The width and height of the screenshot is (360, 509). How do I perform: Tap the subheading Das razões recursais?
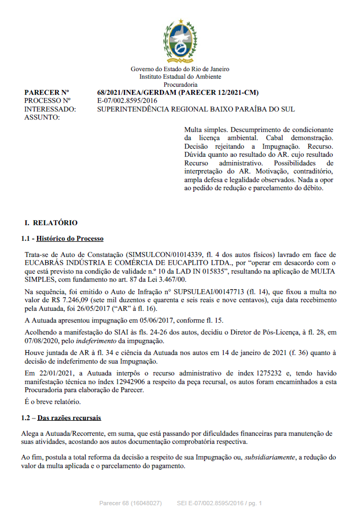[x=69, y=417]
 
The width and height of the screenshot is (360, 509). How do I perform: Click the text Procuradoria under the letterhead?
[x=180, y=85]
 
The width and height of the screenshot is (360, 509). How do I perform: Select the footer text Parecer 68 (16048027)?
[x=130, y=503]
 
